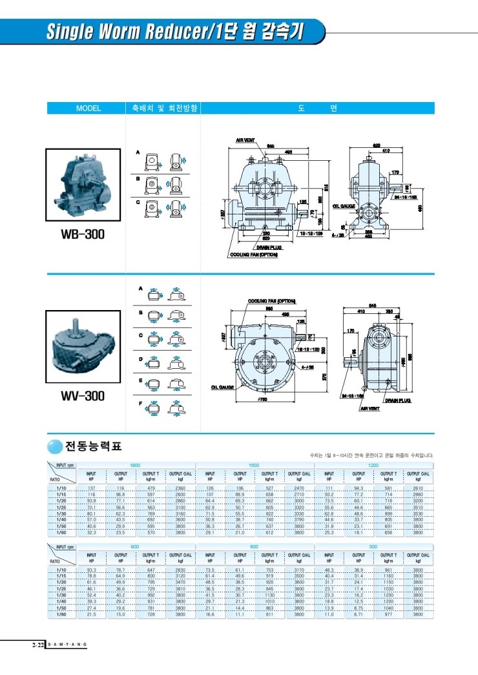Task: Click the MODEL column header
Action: (x=88, y=109)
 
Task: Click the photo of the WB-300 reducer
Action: (x=82, y=184)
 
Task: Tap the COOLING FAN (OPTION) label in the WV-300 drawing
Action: (x=272, y=301)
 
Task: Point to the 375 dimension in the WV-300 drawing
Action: (x=324, y=377)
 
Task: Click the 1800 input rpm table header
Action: (x=136, y=464)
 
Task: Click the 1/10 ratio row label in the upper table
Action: (x=61, y=488)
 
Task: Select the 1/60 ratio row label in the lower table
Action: (x=61, y=615)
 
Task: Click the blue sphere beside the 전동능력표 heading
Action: (x=54, y=446)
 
